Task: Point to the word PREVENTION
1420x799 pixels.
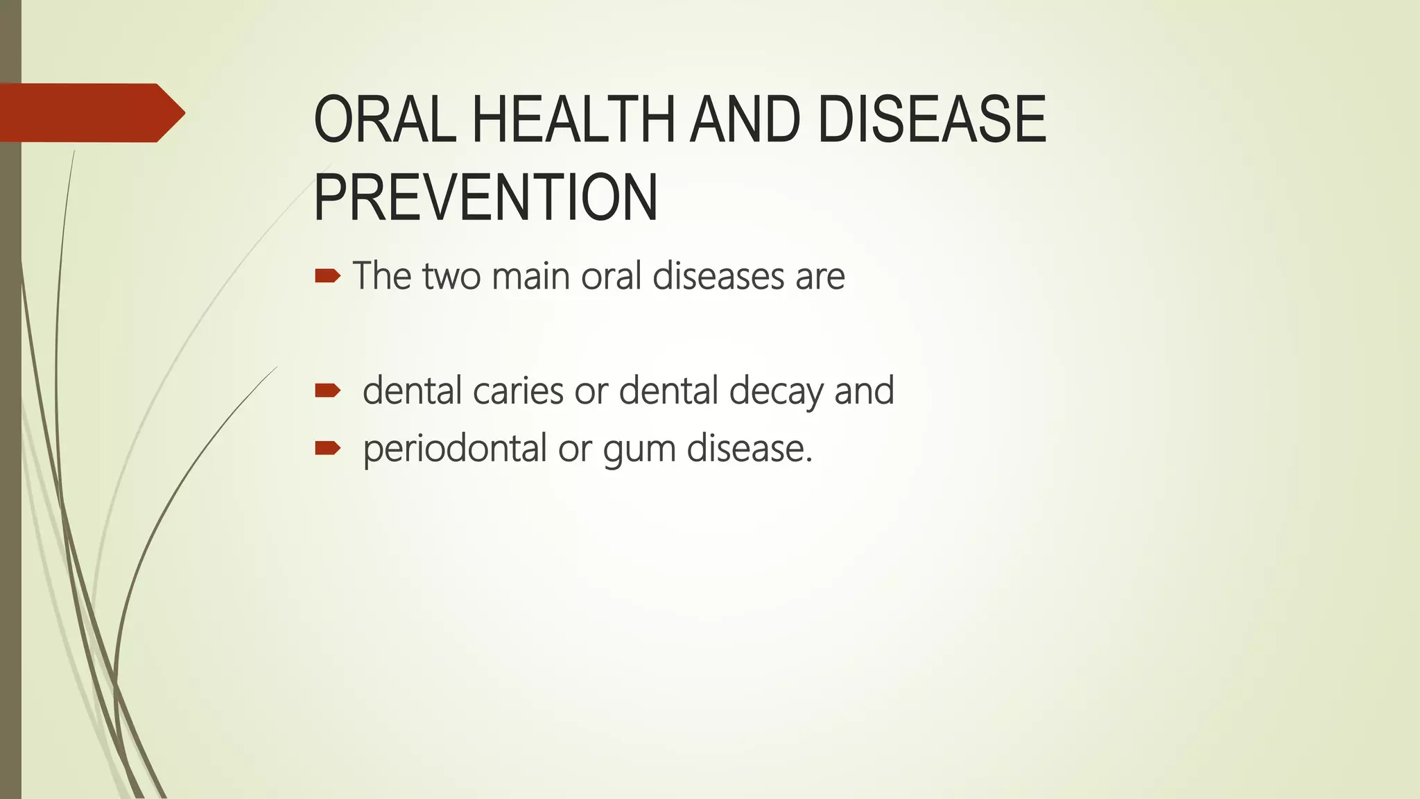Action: [485, 198]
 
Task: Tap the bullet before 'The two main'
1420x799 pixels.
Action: [327, 277]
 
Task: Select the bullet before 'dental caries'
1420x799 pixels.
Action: [327, 391]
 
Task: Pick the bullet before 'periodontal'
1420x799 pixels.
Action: [327, 449]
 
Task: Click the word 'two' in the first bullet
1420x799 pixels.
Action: [451, 276]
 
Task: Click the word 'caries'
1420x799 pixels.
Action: [518, 390]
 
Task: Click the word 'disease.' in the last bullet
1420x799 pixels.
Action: [750, 449]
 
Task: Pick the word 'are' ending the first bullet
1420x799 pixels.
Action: [820, 277]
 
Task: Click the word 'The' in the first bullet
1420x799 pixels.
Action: [382, 276]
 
